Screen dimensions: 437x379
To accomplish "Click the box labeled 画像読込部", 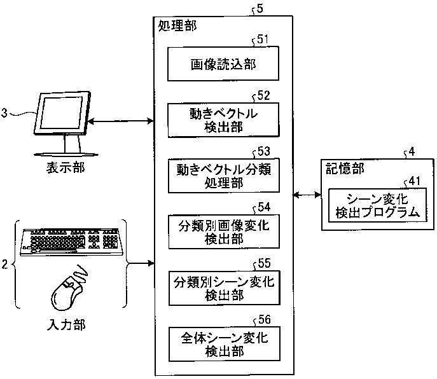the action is coord(223,64).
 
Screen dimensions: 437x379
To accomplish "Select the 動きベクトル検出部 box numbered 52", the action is coord(223,120).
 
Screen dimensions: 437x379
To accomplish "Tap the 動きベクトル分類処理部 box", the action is coord(223,176).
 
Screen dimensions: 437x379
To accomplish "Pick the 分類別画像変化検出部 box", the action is coord(224,231).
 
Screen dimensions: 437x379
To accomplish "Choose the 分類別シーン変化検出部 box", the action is coord(224,288).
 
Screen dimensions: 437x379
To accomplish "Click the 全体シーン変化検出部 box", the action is coord(225,344).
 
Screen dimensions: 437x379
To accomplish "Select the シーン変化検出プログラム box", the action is coord(377,205).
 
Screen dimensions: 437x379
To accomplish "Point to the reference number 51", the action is coord(263,39).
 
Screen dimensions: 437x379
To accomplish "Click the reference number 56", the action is coord(265,320).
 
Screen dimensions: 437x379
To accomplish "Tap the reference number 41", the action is coord(415,181).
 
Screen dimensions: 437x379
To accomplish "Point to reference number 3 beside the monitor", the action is coord(4,113).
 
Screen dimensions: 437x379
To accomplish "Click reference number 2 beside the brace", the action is coord(4,264).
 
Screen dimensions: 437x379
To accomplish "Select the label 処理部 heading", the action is coord(177,26).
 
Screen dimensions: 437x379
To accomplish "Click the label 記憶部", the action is coord(345,169).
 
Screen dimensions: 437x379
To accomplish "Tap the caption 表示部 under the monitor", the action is coord(66,168).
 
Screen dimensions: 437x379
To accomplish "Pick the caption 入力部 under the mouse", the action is coord(66,325).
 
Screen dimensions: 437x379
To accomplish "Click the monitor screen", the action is coord(61,113).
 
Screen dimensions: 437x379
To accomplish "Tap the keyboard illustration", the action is coord(72,242).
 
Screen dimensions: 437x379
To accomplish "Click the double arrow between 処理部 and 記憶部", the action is coord(307,195).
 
